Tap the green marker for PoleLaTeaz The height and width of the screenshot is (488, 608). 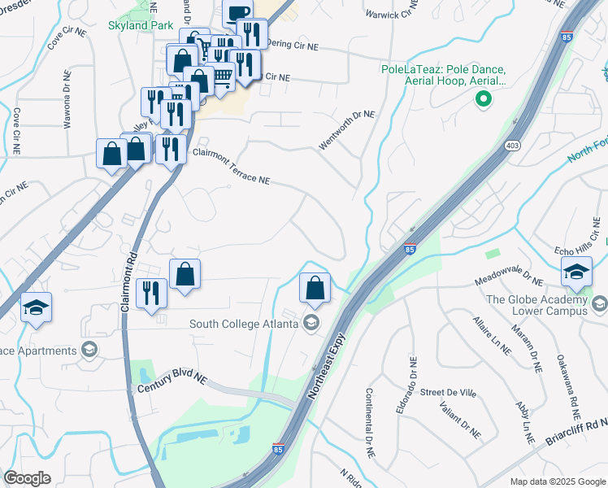483,100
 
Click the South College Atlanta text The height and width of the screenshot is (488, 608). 242,324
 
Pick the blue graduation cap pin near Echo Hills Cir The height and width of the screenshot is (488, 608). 576,272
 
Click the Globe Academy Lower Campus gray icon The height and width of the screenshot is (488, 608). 599,304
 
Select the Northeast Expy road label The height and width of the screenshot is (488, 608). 328,364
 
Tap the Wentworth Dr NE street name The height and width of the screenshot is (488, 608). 347,130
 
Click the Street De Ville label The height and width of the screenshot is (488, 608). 447,392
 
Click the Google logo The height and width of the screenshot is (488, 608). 27,478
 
